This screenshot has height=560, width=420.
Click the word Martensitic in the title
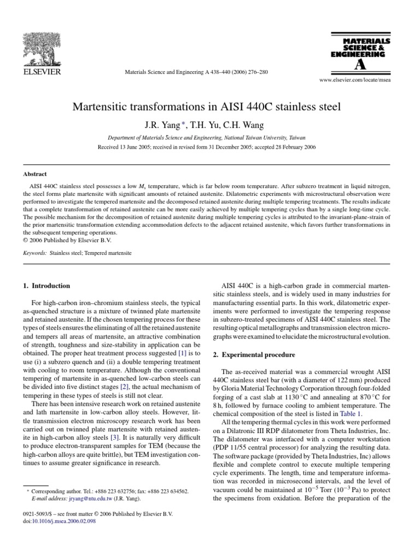(109, 106)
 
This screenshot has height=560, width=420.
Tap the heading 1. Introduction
(46, 285)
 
